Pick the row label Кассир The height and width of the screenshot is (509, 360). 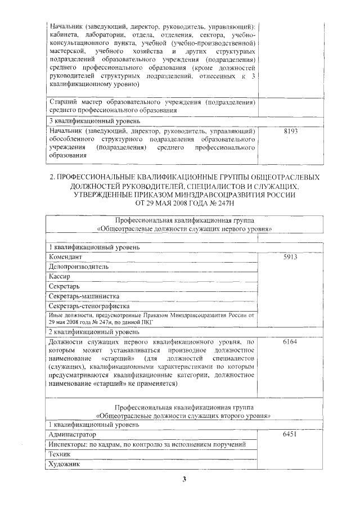60,277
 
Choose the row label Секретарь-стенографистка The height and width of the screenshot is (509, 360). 89,306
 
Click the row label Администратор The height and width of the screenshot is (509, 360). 73,435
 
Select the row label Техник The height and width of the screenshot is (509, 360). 59,454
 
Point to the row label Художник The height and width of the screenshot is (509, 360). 64,465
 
